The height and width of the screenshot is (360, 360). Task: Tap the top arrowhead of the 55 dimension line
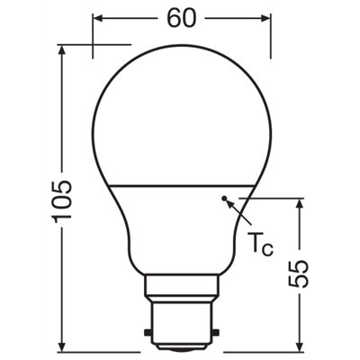coord(300,202)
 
